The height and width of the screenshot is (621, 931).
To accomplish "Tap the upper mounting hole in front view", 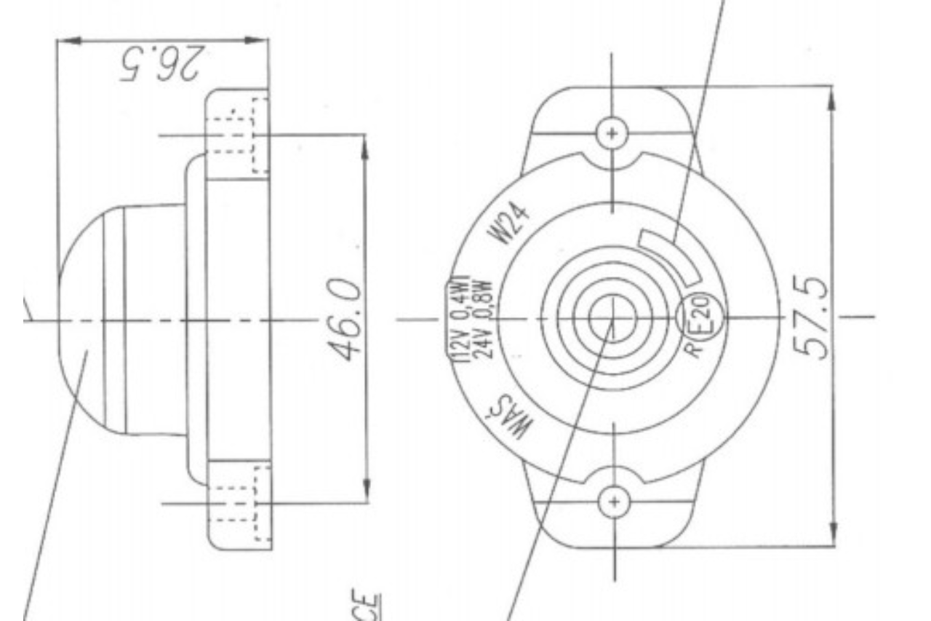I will (612, 133).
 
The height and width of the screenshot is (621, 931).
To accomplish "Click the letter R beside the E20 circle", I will (694, 347).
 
